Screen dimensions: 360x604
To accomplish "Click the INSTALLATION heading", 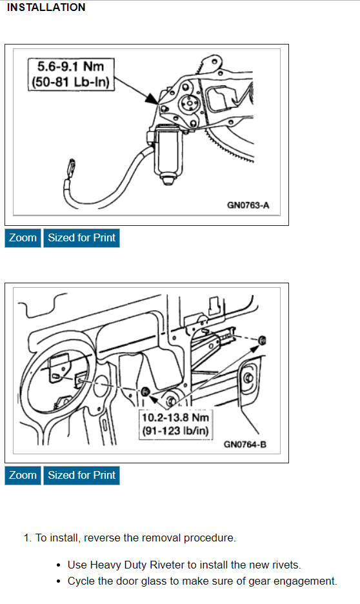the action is coord(46,7).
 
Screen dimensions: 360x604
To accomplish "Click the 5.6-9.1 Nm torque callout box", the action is coord(71,74).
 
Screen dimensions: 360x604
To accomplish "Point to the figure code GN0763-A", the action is coord(248,205).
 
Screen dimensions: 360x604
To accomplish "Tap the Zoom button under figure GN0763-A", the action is coord(23,237).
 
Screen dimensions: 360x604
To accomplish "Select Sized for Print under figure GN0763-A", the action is coord(82,237).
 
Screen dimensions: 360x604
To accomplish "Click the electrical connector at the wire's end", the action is coord(71,166).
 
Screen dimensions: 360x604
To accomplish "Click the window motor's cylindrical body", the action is coord(168,152).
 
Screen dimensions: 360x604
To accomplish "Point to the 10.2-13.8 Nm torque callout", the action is coord(175,424).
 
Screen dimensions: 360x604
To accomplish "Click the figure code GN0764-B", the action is coord(245,445).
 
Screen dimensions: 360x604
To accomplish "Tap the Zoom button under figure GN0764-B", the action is coord(23,475).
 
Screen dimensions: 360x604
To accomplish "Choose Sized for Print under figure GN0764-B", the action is coord(82,475).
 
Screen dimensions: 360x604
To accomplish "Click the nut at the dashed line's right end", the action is coord(263,340).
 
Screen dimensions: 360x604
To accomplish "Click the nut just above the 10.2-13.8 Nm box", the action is coord(146,391).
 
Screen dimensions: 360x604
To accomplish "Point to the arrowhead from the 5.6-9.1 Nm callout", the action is coord(152,98).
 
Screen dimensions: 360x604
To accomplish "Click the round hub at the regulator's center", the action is coord(188,103).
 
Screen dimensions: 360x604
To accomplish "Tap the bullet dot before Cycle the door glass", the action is coord(59,581).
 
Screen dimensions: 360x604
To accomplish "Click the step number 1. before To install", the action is coord(27,538).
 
